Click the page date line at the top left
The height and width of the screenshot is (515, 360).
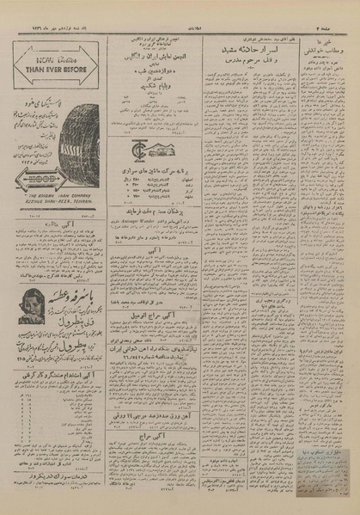52,10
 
